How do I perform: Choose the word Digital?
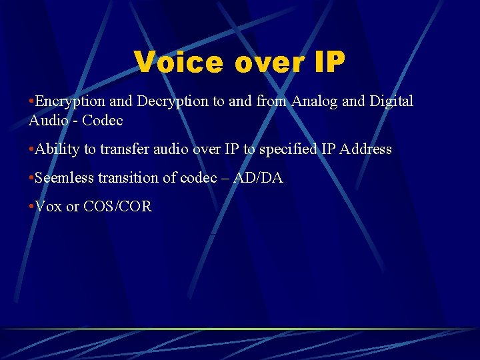[391, 101]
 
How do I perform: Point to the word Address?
[365, 149]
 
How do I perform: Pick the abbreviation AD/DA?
[258, 178]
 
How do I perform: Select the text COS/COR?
[118, 207]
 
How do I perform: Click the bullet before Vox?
[31, 207]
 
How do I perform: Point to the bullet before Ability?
[31, 149]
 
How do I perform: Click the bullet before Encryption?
[31, 101]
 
